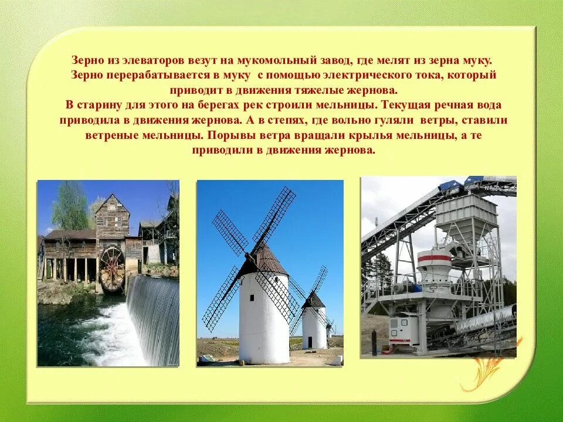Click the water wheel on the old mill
click(x=111, y=269)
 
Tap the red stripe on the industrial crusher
click(x=434, y=257)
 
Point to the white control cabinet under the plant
click(x=404, y=331)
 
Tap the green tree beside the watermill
click(x=70, y=208)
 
